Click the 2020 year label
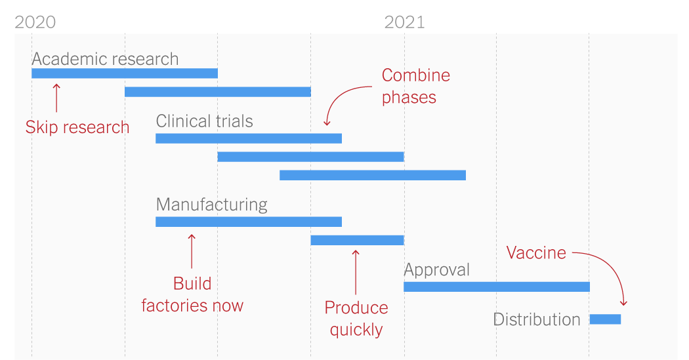(35, 22)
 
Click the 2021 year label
(404, 22)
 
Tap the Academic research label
(105, 59)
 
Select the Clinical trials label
(204, 121)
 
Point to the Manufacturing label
(211, 205)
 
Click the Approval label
(436, 270)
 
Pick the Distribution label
(536, 319)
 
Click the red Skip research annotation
(77, 127)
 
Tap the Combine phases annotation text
(415, 86)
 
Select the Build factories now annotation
(192, 294)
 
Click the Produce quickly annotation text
(356, 318)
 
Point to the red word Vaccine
(536, 253)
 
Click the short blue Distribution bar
(605, 319)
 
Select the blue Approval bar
(496, 287)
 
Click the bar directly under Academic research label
(125, 73)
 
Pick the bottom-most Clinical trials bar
(372, 175)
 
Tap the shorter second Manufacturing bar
(357, 240)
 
